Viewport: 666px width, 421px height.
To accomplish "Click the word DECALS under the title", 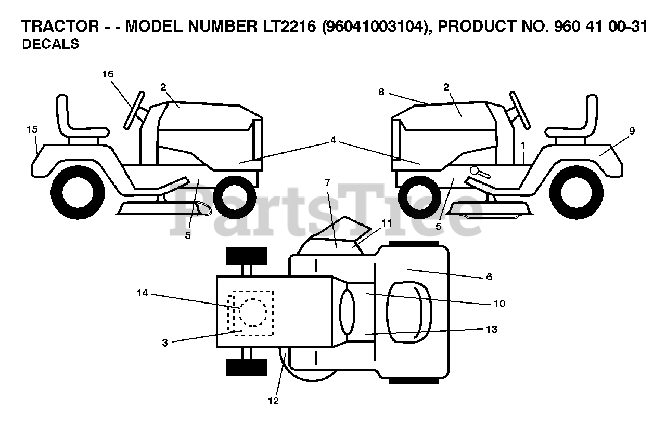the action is click(50, 45).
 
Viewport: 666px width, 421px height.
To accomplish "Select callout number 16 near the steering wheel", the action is click(108, 74).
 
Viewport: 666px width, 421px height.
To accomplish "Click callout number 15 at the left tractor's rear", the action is click(32, 129).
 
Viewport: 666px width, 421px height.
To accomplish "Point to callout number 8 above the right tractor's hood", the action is click(381, 91).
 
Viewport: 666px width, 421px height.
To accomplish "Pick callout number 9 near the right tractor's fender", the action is click(632, 131).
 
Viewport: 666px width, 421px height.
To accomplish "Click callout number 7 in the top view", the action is click(327, 182).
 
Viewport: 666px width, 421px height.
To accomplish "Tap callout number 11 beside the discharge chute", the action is click(386, 223).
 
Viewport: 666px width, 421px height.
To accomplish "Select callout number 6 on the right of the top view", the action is click(489, 277).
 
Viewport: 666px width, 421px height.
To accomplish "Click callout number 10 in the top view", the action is click(499, 304).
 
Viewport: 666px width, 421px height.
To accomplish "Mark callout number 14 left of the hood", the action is click(143, 293).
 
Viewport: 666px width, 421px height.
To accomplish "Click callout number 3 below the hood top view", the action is click(165, 343).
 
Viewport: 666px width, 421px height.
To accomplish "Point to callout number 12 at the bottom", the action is click(274, 401).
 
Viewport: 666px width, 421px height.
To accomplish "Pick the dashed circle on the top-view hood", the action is click(253, 312).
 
